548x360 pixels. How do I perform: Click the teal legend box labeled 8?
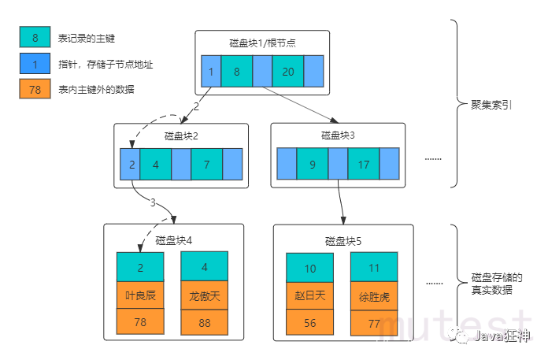click(x=35, y=37)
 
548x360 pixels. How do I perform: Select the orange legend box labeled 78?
click(x=35, y=89)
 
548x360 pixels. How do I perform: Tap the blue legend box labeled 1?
click(x=35, y=63)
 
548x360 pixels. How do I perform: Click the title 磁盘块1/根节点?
click(x=257, y=43)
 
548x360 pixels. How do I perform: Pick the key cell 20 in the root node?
click(x=288, y=72)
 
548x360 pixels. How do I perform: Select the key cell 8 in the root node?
click(x=236, y=72)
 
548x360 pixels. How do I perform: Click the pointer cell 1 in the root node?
click(x=211, y=72)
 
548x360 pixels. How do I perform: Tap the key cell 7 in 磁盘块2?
click(x=206, y=165)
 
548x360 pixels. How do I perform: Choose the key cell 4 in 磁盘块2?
click(x=156, y=165)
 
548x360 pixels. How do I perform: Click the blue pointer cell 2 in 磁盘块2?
click(x=131, y=165)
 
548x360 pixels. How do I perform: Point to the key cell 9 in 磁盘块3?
click(x=313, y=166)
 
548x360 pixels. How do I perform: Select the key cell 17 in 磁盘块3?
click(x=364, y=166)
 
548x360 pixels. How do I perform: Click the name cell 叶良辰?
click(x=140, y=295)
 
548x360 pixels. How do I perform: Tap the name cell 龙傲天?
click(x=204, y=295)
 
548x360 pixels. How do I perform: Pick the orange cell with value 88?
click(x=204, y=322)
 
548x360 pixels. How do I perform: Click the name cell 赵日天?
click(x=309, y=295)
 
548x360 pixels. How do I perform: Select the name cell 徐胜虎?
click(x=374, y=297)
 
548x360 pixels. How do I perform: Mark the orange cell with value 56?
click(x=309, y=323)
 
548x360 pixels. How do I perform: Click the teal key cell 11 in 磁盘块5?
click(x=374, y=269)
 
